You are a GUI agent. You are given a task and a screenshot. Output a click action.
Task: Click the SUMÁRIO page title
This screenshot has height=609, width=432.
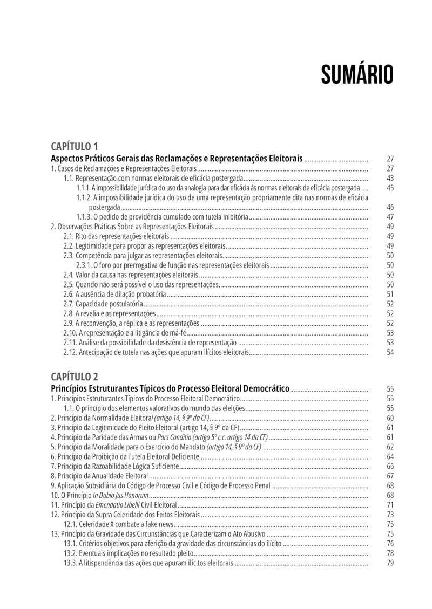pyautogui.click(x=357, y=75)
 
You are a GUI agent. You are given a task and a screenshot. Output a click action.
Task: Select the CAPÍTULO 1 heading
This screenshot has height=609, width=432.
pyautogui.click(x=75, y=147)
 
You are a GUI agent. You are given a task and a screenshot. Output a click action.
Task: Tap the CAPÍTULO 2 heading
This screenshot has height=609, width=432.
pyautogui.click(x=75, y=376)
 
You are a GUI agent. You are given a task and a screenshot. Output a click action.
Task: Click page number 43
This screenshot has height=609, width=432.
pyautogui.click(x=390, y=179)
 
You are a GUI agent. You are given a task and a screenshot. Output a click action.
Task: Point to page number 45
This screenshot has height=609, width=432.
pyautogui.click(x=390, y=188)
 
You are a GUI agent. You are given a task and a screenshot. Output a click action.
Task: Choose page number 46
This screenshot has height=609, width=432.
pyautogui.click(x=390, y=207)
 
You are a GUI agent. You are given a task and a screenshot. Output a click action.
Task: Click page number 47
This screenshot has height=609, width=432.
pyautogui.click(x=390, y=217)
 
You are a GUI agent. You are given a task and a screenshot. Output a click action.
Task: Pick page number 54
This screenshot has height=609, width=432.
pyautogui.click(x=390, y=352)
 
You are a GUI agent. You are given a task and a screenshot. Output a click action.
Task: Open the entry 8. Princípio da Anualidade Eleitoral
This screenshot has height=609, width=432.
pyautogui.click(x=99, y=476)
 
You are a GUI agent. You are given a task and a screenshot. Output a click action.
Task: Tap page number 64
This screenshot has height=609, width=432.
pyautogui.click(x=390, y=456)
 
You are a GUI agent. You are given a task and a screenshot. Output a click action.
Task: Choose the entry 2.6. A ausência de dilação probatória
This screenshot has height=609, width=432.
pyautogui.click(x=114, y=294)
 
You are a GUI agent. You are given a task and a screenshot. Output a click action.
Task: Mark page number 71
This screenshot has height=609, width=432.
pyautogui.click(x=390, y=505)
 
